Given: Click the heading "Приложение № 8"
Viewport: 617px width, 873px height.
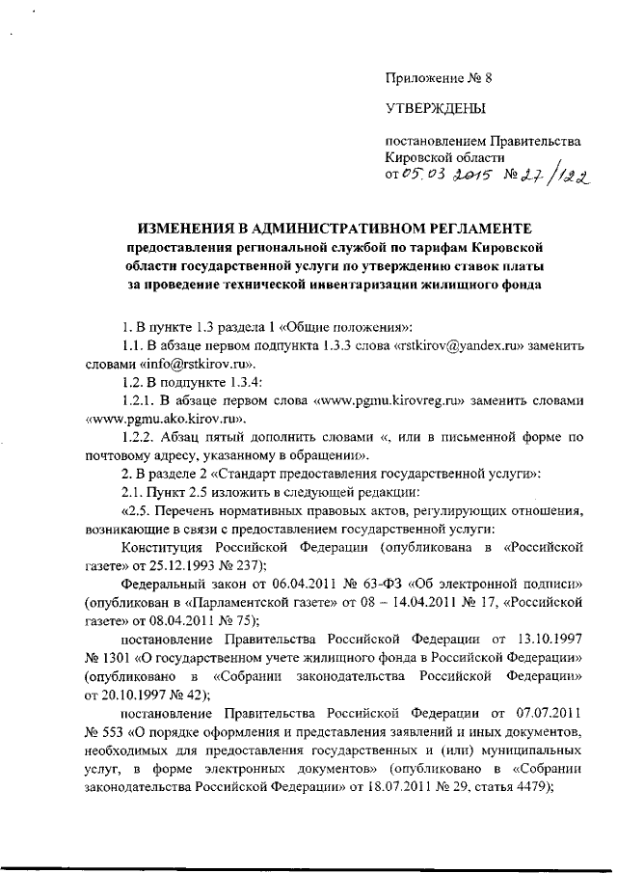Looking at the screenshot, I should coord(432,78).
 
